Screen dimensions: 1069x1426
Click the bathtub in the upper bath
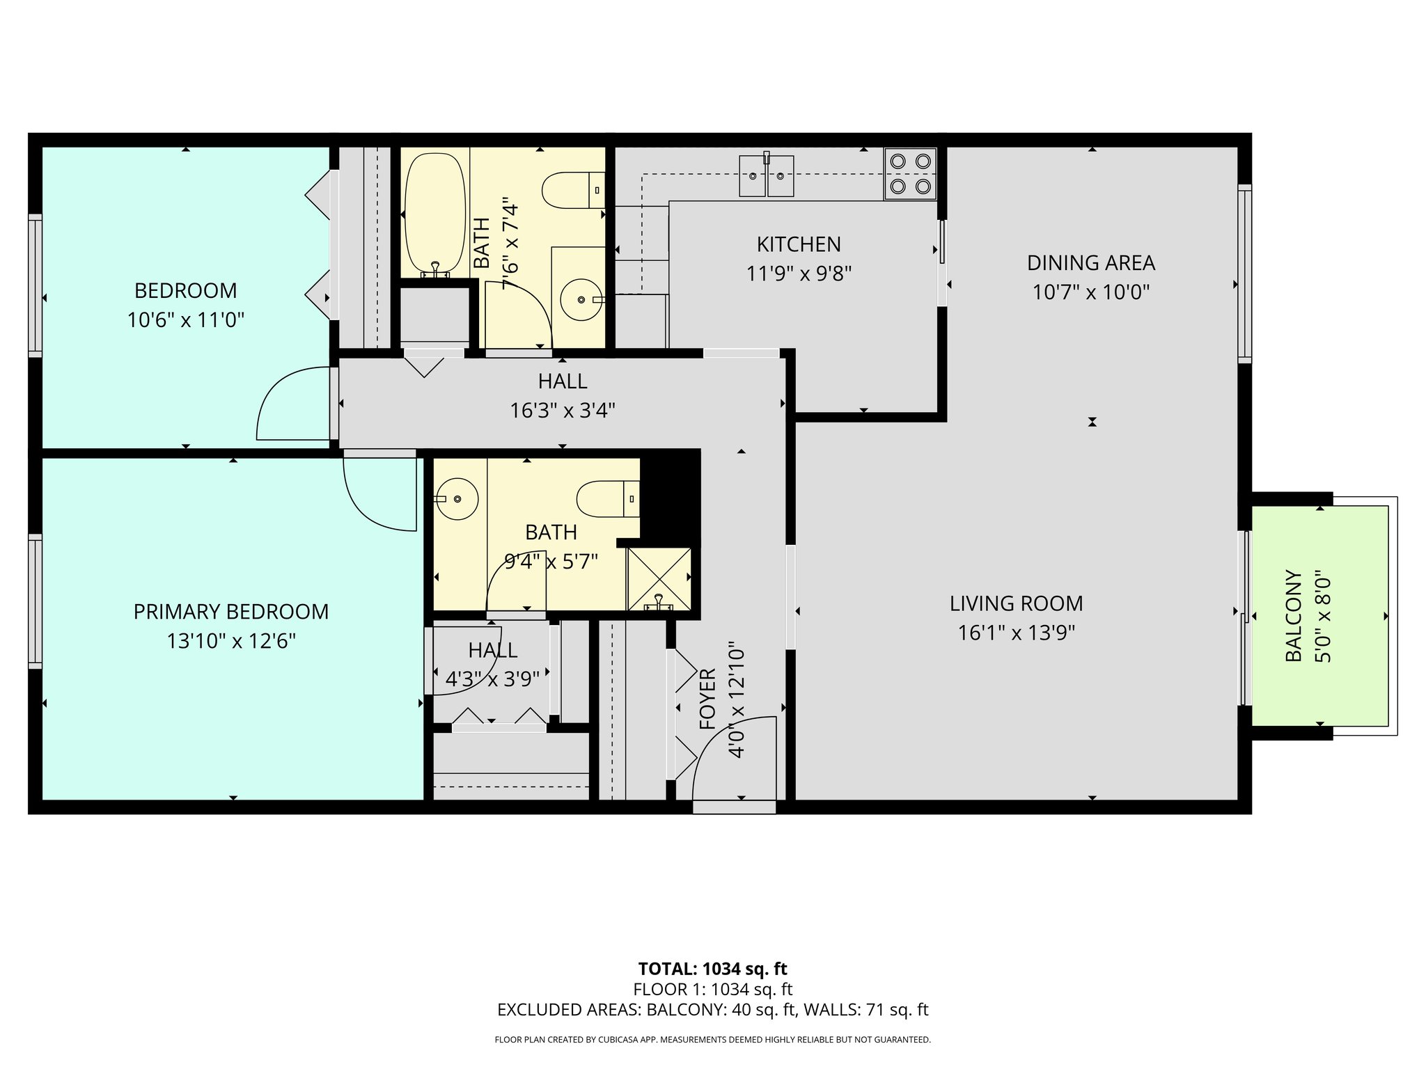pos(435,214)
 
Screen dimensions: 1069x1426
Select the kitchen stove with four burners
pos(910,174)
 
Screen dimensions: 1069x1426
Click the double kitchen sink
pos(766,175)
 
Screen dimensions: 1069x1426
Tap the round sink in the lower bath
pos(457,499)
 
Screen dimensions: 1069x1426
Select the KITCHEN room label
pos(799,244)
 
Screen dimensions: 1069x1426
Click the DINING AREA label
pos(1090,263)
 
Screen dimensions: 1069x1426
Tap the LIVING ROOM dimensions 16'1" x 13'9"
pos(1016,633)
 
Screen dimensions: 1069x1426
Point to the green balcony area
pos(1319,616)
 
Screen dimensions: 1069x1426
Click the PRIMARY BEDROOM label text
pos(230,612)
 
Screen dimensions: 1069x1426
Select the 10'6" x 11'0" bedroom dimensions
pos(185,320)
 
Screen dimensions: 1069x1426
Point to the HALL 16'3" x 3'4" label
pos(562,381)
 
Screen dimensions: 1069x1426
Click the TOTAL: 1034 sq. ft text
pos(712,969)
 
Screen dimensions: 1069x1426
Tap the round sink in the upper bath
pos(581,299)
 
